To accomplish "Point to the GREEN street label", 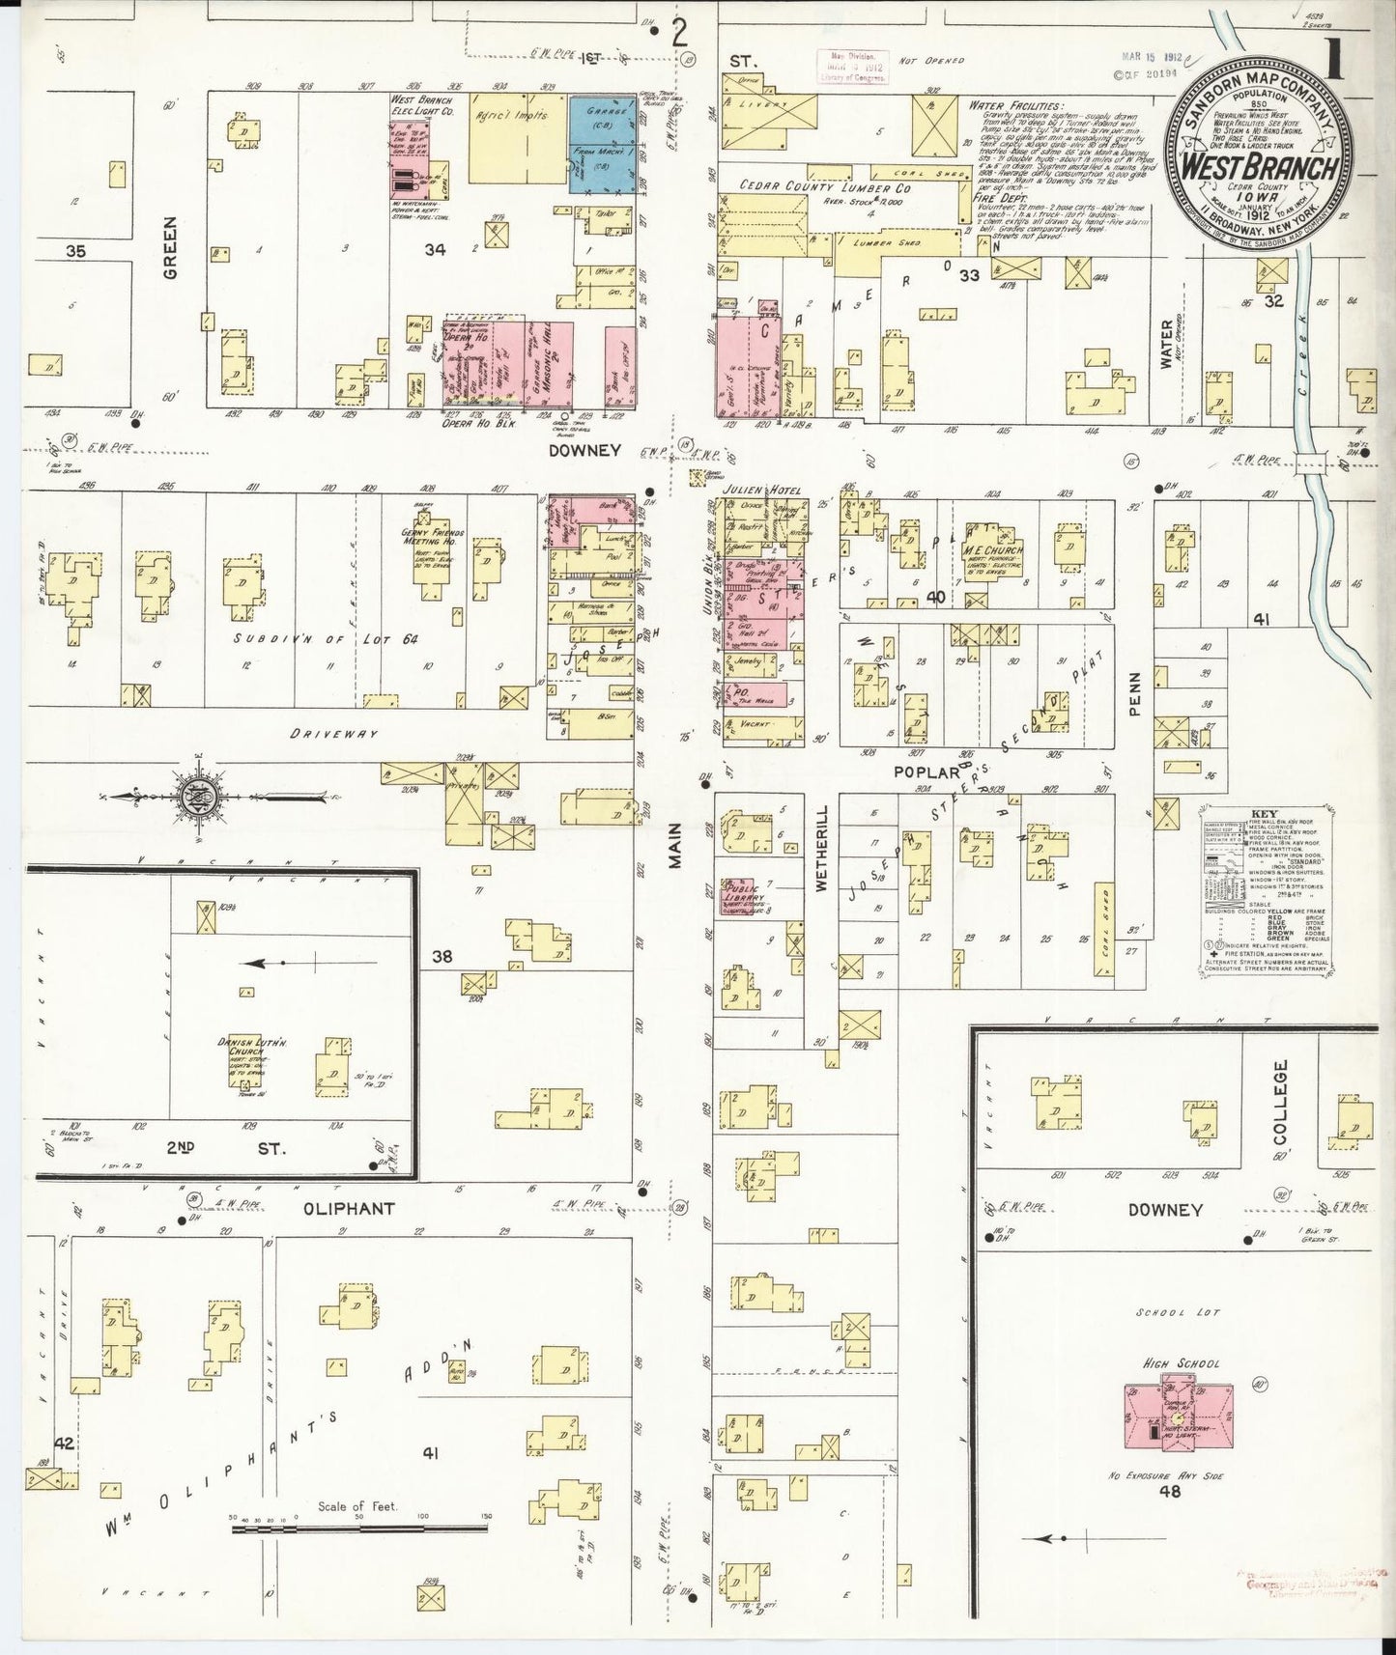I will (x=171, y=260).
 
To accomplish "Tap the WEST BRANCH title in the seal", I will (x=1260, y=167).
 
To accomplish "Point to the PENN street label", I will (x=1136, y=693).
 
